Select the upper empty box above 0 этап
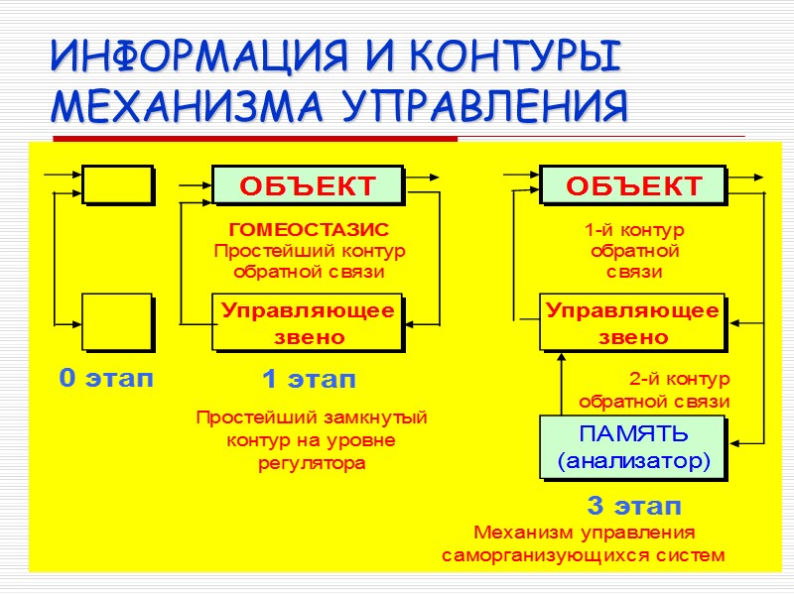[117, 184]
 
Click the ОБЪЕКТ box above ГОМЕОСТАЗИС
[308, 185]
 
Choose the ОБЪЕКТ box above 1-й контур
[633, 185]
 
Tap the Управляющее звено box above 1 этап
[308, 322]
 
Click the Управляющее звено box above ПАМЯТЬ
[633, 322]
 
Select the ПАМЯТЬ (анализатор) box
[633, 447]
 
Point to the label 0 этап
[106, 378]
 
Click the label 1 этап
[308, 379]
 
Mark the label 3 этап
[634, 506]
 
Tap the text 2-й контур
[679, 379]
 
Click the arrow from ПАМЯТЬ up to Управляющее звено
[561, 384]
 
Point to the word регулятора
[311, 463]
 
